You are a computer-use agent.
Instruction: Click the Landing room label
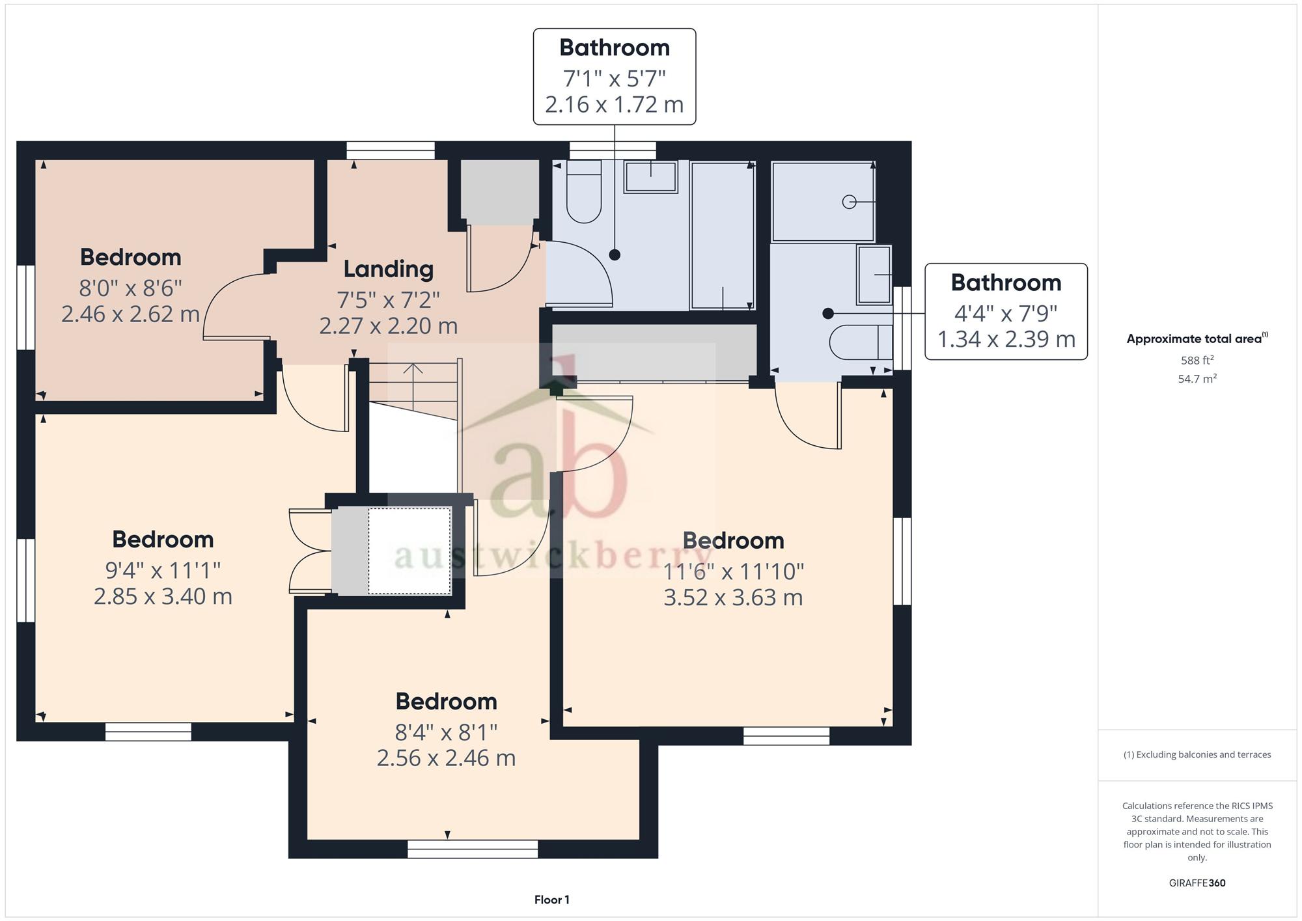pos(388,269)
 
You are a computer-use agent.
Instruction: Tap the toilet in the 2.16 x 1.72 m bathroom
pos(583,191)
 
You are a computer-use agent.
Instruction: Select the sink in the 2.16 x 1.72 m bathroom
pos(650,176)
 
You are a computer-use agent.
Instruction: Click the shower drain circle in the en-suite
pos(849,202)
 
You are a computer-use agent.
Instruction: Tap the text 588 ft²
pos(1197,360)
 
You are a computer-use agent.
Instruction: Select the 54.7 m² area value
pos(1197,379)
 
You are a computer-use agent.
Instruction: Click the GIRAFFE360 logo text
pos(1197,883)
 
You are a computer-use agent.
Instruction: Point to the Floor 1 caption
pos(551,900)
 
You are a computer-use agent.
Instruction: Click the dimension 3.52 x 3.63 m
pos(733,598)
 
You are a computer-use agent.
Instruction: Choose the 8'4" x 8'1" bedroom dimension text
pos(447,732)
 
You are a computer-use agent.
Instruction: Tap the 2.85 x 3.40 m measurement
pos(163,596)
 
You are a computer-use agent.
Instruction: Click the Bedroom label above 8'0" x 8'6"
pos(131,257)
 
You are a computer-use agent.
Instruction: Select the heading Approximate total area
pos(1197,338)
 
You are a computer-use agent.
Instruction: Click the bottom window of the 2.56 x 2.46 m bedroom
pos(473,849)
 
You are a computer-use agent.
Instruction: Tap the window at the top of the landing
pos(391,150)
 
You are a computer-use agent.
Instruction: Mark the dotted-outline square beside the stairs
pos(409,551)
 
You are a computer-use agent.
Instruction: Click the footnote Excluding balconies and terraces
pos(1197,755)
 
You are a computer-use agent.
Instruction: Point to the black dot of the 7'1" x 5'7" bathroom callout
pos(615,255)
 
